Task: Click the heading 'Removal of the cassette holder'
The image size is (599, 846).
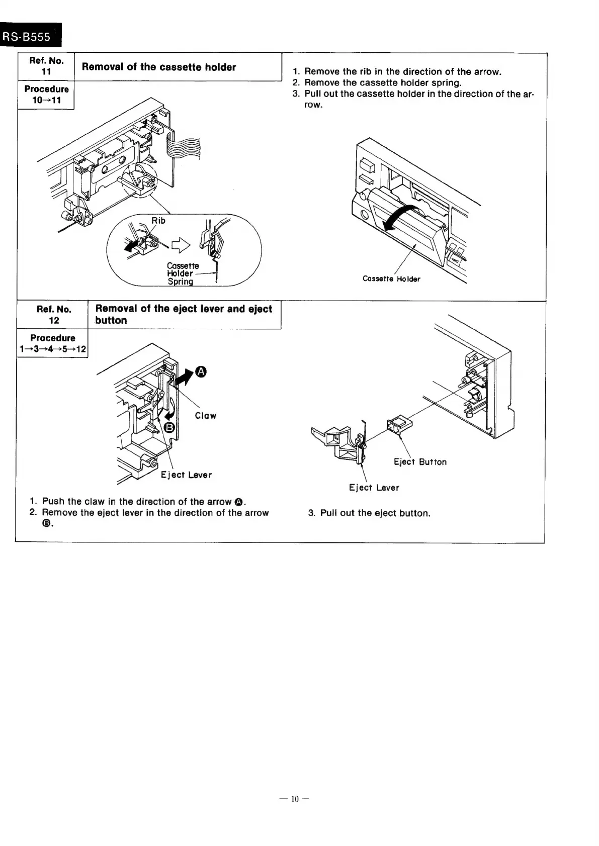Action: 158,67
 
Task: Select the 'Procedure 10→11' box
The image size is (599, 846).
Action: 46,95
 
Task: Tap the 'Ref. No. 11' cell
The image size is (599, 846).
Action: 46,66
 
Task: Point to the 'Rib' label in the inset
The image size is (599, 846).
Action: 158,221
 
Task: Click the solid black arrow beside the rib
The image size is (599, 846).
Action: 132,245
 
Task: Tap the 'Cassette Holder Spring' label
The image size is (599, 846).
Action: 182,273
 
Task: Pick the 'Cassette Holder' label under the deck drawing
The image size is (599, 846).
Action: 391,279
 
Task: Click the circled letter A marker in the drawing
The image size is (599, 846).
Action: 200,371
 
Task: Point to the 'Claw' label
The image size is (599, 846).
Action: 205,416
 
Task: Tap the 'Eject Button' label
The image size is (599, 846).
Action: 420,462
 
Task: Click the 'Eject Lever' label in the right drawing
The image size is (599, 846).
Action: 374,488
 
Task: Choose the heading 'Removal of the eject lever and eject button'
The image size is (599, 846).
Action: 184,315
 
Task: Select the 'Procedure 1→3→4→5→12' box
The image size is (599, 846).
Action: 52,343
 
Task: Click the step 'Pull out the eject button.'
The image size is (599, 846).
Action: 375,513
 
